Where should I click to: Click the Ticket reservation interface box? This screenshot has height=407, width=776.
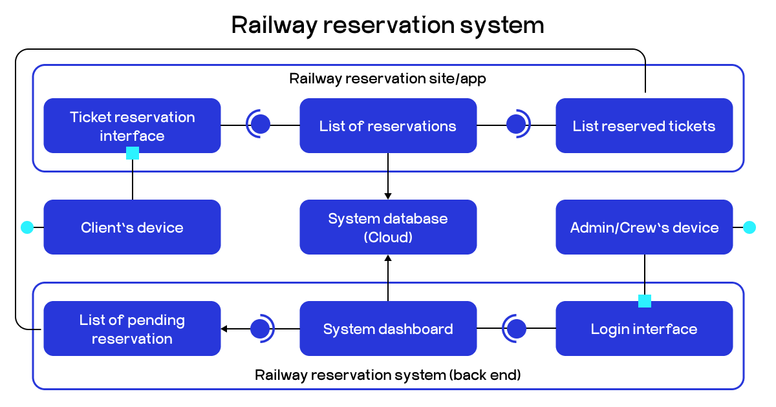pos(132,125)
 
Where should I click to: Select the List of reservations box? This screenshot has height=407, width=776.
pos(388,125)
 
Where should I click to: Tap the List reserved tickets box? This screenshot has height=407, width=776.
pos(644,125)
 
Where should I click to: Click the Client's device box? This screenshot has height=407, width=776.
pos(132,227)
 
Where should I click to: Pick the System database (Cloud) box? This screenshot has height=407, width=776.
pos(388,227)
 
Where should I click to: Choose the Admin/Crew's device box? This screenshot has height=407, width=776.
pos(644,227)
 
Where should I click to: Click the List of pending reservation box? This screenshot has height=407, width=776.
pos(132,329)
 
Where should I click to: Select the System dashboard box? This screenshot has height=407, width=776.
pos(388,329)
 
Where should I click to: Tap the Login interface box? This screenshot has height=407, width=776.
pos(644,329)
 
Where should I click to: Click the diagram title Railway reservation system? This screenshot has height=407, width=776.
pos(388,25)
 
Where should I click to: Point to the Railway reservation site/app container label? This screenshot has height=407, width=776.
pos(388,79)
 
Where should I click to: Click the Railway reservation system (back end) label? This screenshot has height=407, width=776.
pos(388,375)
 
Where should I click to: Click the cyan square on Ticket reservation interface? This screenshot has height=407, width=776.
pos(133,153)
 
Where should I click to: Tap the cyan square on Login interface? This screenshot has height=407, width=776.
pos(645,301)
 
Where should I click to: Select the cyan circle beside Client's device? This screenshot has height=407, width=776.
pos(27,227)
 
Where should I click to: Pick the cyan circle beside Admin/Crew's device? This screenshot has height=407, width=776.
pos(749,227)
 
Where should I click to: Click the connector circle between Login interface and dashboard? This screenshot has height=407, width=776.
pos(516,329)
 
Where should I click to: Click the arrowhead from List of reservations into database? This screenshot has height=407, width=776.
pos(388,195)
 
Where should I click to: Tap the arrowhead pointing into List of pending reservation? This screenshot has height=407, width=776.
pos(224,329)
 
